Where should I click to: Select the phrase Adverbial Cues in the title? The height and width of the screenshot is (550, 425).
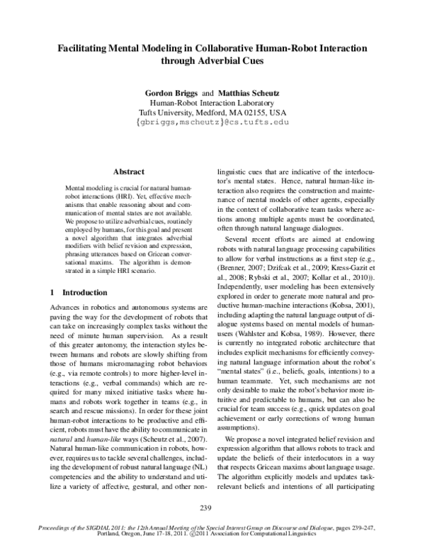pos(233,61)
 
